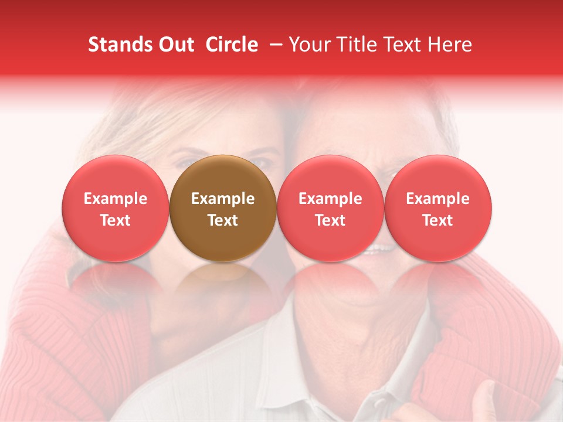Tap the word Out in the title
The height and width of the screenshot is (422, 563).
[174, 45]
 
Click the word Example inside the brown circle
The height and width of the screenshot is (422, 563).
[223, 199]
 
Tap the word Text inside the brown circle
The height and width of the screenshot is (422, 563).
[223, 220]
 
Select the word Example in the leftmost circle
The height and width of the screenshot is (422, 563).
[116, 199]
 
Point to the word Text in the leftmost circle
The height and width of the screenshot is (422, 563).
[116, 220]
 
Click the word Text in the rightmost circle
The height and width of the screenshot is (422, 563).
[438, 220]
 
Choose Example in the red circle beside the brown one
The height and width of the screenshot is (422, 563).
[330, 199]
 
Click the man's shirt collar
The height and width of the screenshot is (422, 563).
[328, 352]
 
